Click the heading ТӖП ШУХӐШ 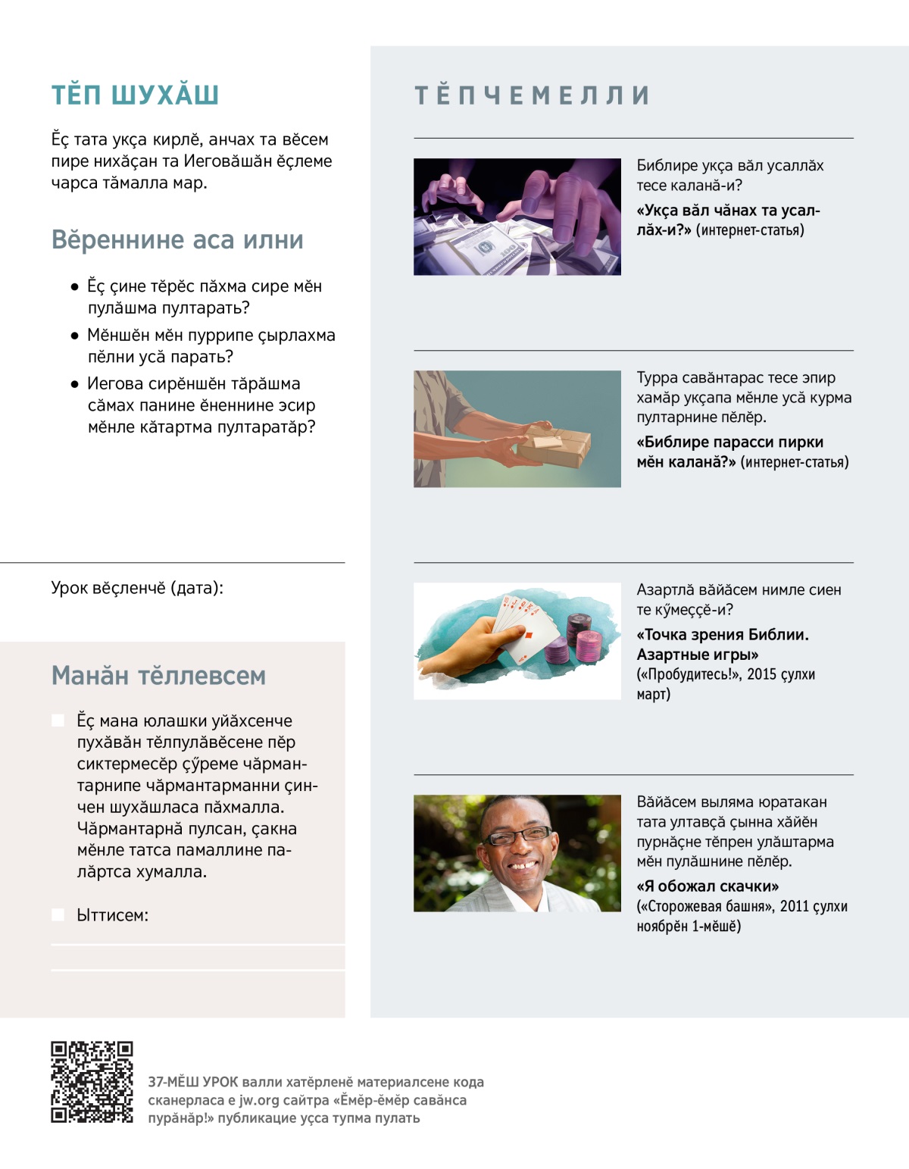pyautogui.click(x=135, y=95)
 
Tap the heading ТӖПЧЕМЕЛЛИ pyautogui.click(x=532, y=95)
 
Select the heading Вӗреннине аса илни pyautogui.click(x=177, y=239)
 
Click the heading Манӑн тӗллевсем pyautogui.click(x=158, y=675)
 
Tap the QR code pyautogui.click(x=92, y=1082)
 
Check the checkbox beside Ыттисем pyautogui.click(x=58, y=914)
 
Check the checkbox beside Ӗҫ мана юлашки pyautogui.click(x=58, y=720)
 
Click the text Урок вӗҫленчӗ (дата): pyautogui.click(x=137, y=588)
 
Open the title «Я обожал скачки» pyautogui.click(x=708, y=886)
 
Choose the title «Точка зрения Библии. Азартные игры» pyautogui.click(x=722, y=644)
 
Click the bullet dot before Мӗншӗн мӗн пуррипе pyautogui.click(x=74, y=336)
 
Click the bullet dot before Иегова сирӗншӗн pyautogui.click(x=74, y=384)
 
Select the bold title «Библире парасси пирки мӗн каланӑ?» pyautogui.click(x=729, y=452)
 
